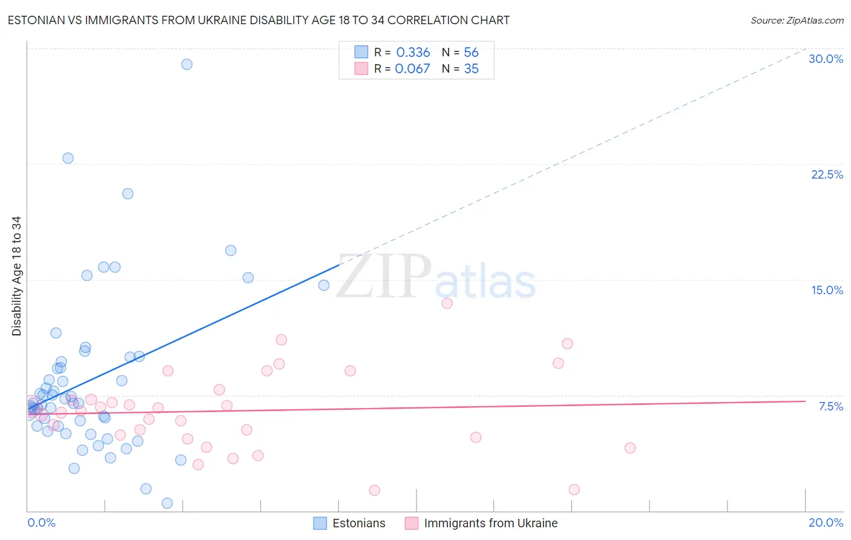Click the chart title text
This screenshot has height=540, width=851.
[x=258, y=21]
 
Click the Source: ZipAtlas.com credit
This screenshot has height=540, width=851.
[x=797, y=21]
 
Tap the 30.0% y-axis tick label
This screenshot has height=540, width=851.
[x=826, y=59]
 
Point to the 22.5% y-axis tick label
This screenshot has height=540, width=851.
[x=827, y=174]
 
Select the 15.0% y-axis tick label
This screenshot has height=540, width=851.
[x=827, y=290]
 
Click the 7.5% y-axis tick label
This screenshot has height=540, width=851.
[x=830, y=406]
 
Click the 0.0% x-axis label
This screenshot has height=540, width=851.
[x=41, y=522]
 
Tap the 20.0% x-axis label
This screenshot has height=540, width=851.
[x=826, y=522]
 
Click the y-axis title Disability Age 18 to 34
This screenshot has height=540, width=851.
[x=16, y=276]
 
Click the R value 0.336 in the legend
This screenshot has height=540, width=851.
[x=413, y=53]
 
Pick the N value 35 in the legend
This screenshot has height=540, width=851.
[x=471, y=69]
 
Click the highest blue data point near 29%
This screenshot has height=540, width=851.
[x=187, y=64]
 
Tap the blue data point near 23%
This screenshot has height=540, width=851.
[x=68, y=158]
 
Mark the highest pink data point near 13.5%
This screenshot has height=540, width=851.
[x=447, y=303]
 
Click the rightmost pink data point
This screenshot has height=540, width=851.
[x=630, y=448]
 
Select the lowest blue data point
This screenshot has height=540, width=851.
[x=167, y=503]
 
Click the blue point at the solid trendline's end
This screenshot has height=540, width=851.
[x=324, y=285]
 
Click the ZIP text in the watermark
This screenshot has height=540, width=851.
[x=384, y=276]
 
